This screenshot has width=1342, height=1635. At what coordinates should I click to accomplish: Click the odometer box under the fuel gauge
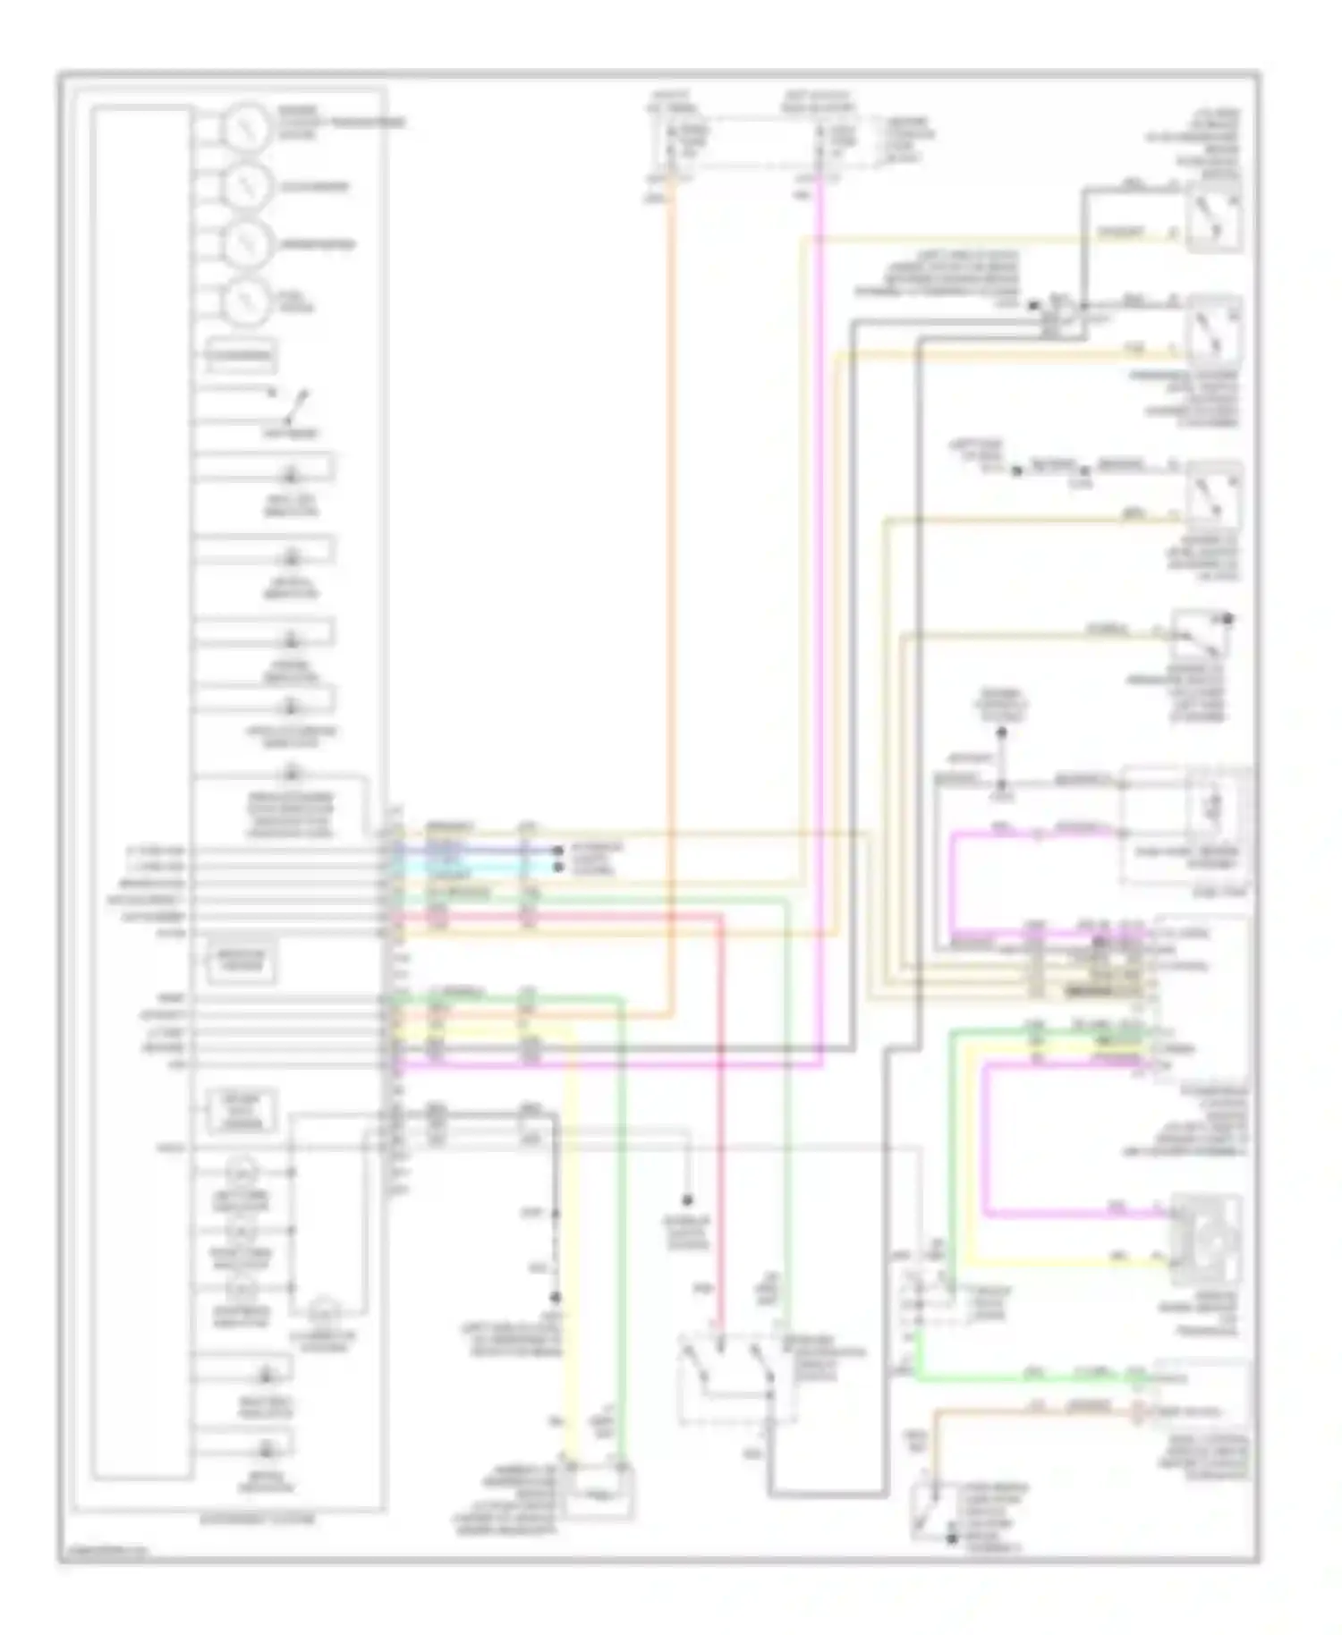(240, 357)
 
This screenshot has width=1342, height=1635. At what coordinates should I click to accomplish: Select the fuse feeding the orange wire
(672, 143)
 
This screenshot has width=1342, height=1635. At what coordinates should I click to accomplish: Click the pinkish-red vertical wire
(721, 1118)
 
